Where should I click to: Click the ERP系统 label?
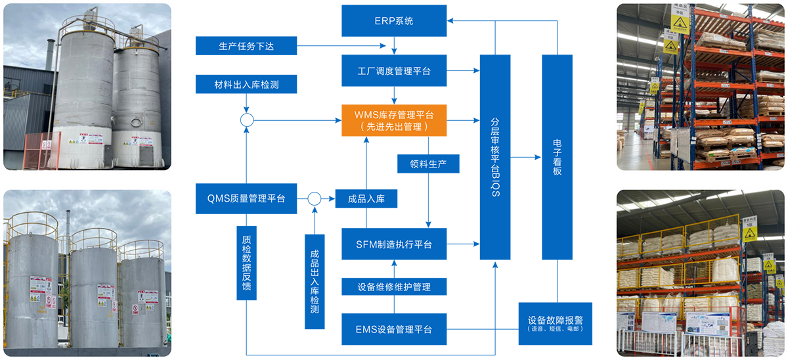(x=394, y=21)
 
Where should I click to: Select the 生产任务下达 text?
(x=246, y=47)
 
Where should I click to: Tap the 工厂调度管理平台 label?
(x=394, y=71)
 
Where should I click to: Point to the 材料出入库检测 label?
(x=246, y=85)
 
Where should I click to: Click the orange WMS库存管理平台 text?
(x=394, y=115)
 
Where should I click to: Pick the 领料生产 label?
(x=428, y=164)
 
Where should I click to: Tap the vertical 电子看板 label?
(x=558, y=157)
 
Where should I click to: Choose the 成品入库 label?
(x=366, y=199)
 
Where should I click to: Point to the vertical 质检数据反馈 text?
(x=246, y=263)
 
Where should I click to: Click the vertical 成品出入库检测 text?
(x=315, y=281)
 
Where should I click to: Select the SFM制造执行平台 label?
(x=394, y=244)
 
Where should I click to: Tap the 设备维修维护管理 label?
(x=394, y=287)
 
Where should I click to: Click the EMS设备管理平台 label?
(x=394, y=329)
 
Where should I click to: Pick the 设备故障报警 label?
(x=556, y=320)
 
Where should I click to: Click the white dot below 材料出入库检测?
(x=247, y=120)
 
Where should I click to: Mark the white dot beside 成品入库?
(x=315, y=198)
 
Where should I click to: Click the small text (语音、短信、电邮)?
(x=556, y=329)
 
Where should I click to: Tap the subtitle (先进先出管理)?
(x=394, y=126)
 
